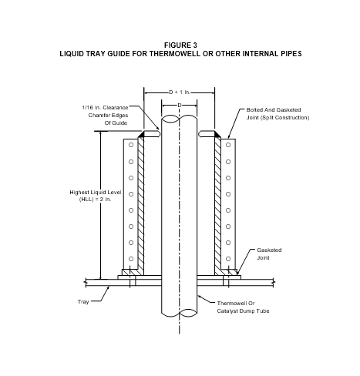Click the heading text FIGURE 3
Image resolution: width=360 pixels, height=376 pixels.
(x=180, y=45)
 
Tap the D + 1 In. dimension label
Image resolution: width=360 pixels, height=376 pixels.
(x=180, y=92)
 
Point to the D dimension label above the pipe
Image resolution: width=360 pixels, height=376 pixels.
(x=180, y=106)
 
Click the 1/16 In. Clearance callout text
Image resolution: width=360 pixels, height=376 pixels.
(x=105, y=108)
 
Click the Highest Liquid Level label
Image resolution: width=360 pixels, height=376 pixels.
(x=96, y=193)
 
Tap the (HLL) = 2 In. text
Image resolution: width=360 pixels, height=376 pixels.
(x=96, y=200)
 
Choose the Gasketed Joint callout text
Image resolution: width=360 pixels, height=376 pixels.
(x=269, y=254)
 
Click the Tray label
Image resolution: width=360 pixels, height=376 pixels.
(x=83, y=302)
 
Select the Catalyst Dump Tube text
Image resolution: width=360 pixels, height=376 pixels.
(x=243, y=311)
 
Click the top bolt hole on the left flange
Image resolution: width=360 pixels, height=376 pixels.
(x=131, y=145)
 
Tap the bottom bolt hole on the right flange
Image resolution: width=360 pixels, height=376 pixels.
(x=228, y=259)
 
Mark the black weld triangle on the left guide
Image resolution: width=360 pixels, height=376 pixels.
(x=142, y=134)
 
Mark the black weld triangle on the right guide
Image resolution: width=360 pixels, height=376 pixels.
(x=217, y=134)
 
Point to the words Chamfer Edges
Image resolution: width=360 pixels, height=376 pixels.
(x=108, y=116)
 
